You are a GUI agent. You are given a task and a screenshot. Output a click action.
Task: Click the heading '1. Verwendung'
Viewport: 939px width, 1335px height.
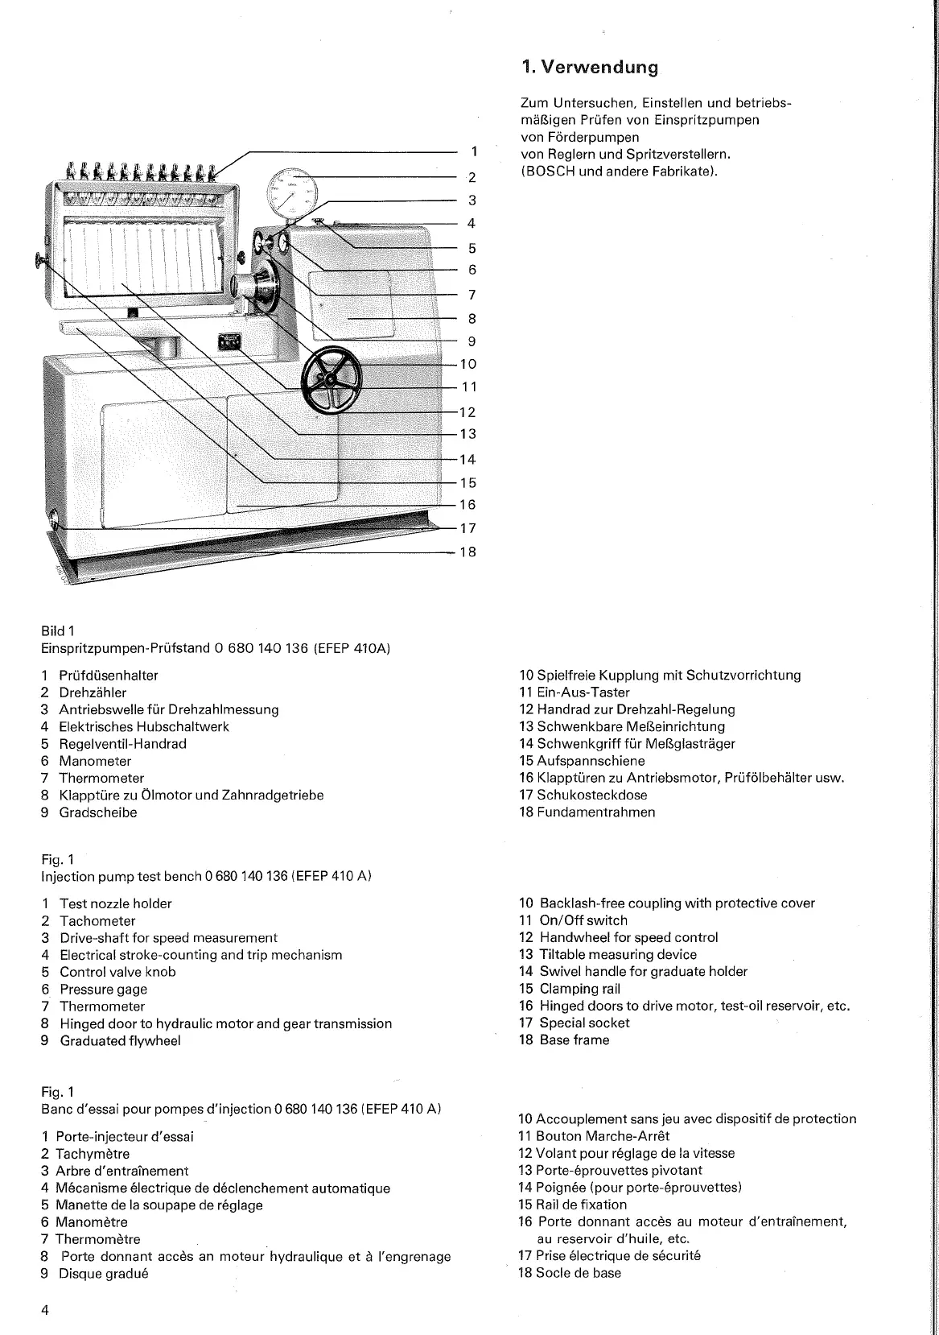coord(589,68)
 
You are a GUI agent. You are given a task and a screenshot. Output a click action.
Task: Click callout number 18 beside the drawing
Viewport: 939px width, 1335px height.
coord(467,552)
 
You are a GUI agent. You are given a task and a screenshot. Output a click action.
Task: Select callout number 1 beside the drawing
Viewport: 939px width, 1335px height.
coord(475,151)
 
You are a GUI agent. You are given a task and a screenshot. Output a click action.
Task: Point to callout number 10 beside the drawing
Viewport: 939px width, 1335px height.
coord(467,364)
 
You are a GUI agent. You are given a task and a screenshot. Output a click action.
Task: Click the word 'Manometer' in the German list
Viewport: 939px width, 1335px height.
coord(95,761)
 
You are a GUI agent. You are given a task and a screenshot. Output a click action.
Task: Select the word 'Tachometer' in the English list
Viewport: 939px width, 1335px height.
coord(97,921)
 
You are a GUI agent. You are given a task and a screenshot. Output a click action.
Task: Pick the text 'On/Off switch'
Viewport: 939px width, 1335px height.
coord(583,920)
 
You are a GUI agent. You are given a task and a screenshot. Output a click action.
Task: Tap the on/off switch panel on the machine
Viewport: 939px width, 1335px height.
coord(229,342)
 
